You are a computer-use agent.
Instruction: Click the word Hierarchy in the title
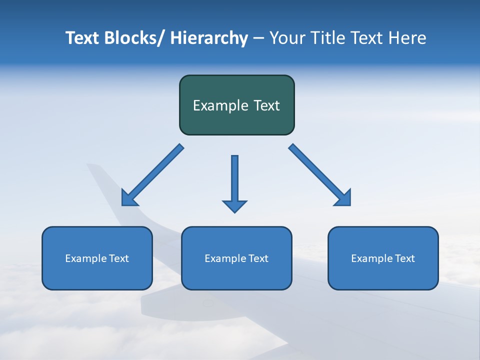click(209, 38)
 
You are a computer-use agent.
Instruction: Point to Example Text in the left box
click(97, 258)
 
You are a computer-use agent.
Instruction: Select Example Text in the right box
click(383, 258)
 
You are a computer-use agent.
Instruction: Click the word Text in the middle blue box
click(257, 258)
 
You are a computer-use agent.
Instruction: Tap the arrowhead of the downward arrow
click(234, 206)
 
